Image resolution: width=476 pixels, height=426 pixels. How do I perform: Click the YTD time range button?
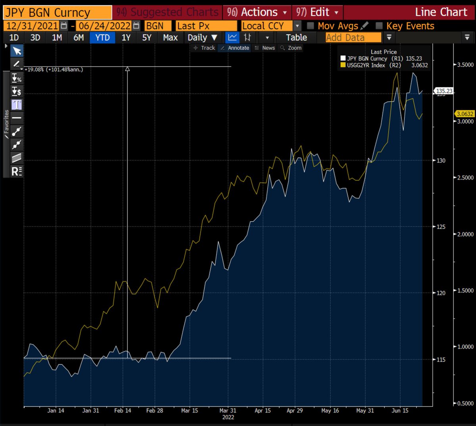tap(102, 38)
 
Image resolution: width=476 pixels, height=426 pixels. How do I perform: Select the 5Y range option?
tap(147, 38)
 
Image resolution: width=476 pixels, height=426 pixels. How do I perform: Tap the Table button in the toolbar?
tap(296, 38)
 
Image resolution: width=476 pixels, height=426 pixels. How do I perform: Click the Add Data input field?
tap(353, 38)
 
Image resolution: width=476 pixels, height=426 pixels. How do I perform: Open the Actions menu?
tap(257, 12)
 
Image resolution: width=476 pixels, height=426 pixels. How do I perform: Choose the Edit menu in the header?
tap(317, 12)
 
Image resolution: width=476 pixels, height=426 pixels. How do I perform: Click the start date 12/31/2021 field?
tap(32, 26)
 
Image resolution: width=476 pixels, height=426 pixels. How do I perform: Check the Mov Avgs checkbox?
tap(311, 26)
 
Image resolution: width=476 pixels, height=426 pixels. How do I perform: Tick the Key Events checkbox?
tap(379, 26)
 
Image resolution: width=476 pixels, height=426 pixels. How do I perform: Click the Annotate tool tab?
tap(235, 48)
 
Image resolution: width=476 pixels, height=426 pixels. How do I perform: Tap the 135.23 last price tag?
tap(444, 91)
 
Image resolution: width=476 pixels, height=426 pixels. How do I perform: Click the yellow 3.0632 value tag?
tap(465, 114)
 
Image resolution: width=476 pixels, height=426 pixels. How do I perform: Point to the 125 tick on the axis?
tap(440, 227)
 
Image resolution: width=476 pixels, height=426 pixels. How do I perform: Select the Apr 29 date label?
tap(294, 411)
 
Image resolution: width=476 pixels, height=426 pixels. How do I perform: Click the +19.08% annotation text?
tap(54, 70)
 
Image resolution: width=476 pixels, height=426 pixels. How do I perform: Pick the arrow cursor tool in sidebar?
tap(17, 51)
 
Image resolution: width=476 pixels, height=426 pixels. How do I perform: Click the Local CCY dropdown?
tap(272, 26)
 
